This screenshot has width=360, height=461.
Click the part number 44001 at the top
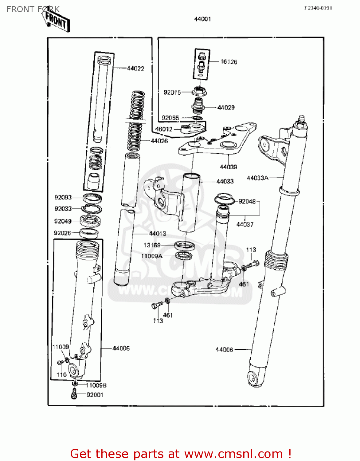coord(202,19)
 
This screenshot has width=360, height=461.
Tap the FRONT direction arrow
coord(56,21)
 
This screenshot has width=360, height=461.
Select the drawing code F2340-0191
coord(318,8)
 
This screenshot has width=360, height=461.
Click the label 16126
coord(229,62)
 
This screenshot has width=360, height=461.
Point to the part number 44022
coord(135,69)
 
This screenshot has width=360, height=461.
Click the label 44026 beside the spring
coord(159,141)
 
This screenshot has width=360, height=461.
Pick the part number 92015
coord(172,92)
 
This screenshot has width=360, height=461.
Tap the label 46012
coord(164,129)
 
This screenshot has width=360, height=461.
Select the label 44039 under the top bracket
coord(228,167)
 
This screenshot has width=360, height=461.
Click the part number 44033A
coord(257,178)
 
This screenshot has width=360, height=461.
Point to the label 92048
coord(247,201)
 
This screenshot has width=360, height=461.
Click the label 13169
coord(152,245)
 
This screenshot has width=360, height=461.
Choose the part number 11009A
coord(151,256)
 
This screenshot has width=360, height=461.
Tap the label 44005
coord(121,348)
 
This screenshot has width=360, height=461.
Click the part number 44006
coord(224,349)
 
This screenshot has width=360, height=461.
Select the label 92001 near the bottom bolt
coord(95,395)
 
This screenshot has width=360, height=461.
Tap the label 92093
coord(63,197)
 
